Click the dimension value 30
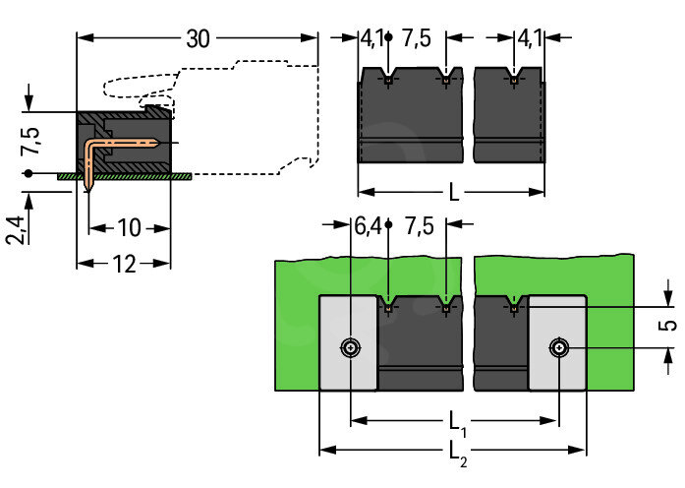(x=198, y=39)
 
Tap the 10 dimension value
(x=129, y=228)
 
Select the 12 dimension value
(x=125, y=264)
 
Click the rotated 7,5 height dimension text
(x=32, y=142)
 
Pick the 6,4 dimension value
(x=367, y=225)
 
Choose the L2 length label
(x=457, y=452)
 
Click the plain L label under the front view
(x=453, y=192)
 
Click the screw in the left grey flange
(x=350, y=347)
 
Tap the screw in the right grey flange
(x=558, y=347)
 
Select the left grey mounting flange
(x=348, y=343)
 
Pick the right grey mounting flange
(x=557, y=343)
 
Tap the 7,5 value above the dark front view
(x=418, y=39)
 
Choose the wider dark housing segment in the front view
(x=410, y=116)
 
